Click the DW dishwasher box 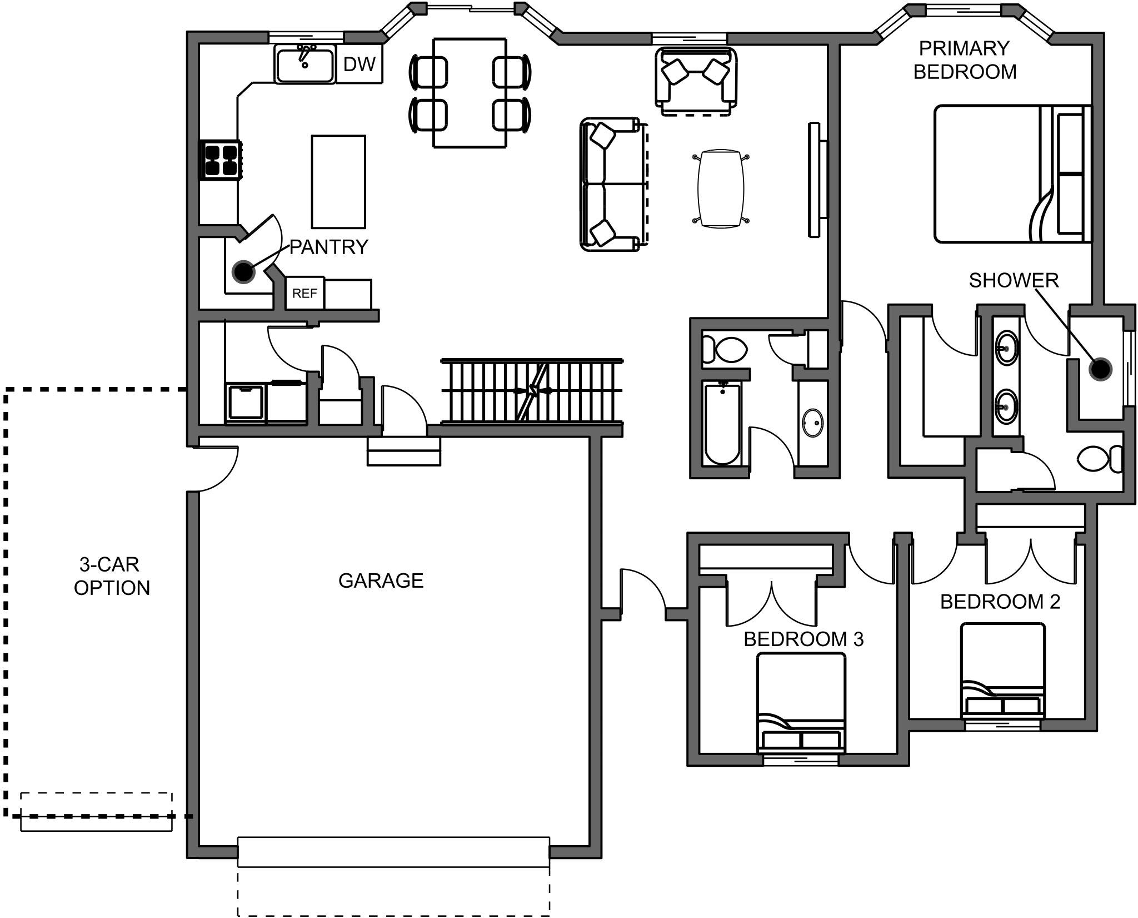360,64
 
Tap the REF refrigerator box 305,293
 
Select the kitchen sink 305,65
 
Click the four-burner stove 221,160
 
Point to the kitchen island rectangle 338,181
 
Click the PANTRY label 328,247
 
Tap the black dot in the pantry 243,271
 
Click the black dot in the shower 1100,369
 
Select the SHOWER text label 1014,281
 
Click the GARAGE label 381,580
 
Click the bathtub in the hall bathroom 722,424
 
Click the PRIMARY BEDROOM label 964,60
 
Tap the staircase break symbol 533,391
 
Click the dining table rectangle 470,92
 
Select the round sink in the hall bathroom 813,424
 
